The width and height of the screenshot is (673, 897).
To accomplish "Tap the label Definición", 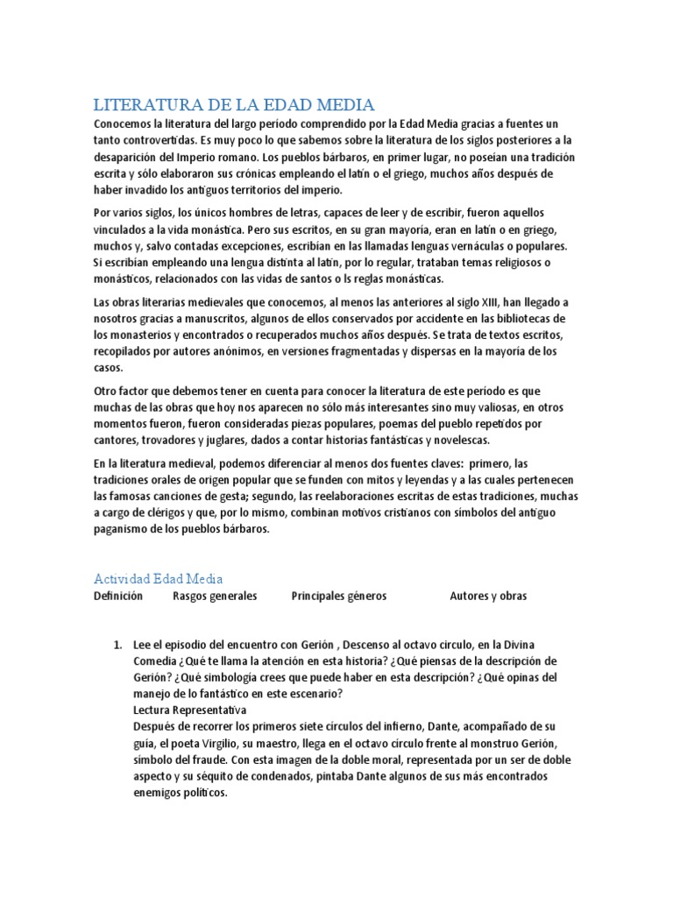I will [118, 597].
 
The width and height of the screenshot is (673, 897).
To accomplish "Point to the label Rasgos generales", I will [215, 597].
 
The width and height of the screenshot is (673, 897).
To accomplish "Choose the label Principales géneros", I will [338, 597].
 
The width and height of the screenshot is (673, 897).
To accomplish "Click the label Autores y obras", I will [488, 597].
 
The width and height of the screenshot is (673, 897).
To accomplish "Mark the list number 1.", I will [117, 646].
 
